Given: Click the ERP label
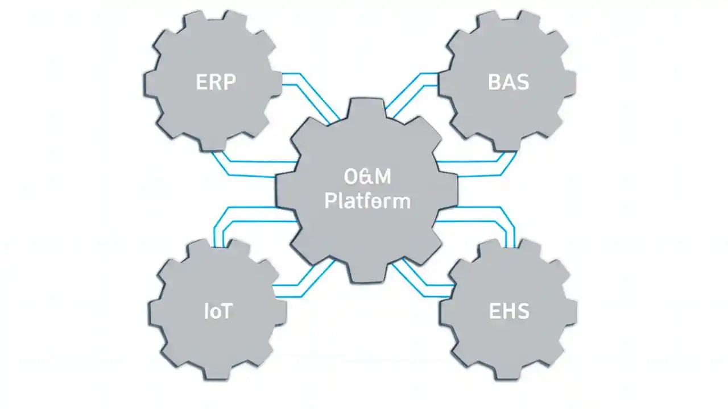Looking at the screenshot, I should coord(216,82).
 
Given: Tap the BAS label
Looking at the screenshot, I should coord(508,82).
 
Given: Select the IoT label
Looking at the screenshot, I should coord(218,311).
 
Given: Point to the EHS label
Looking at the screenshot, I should coord(509,311).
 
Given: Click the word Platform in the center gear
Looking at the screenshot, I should coord(367,201).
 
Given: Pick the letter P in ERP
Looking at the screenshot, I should coord(228,82).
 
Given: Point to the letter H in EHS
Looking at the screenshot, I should coord(509,311).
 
